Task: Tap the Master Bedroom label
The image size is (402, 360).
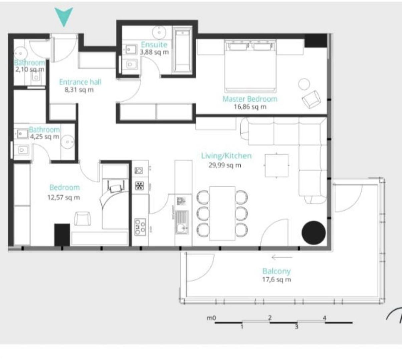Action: (250, 99)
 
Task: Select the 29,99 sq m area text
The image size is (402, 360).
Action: (225, 165)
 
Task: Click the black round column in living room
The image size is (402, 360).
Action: (313, 233)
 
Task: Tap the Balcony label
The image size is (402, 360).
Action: (276, 271)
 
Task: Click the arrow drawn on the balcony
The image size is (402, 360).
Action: (282, 257)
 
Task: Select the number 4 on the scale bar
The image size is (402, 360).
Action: (324, 318)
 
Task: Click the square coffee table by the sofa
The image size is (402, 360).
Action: (277, 165)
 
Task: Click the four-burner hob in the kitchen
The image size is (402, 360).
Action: (140, 227)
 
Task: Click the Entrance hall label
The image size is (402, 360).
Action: (80, 82)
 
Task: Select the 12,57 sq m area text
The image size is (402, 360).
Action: (63, 197)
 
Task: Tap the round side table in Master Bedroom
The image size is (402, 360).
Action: (304, 84)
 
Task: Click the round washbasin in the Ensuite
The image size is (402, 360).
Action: (159, 32)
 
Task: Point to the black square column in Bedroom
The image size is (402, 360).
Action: (62, 235)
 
